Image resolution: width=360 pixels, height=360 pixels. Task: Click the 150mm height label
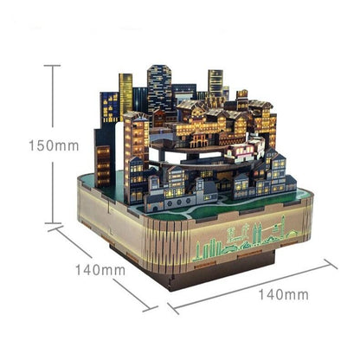point(54,145)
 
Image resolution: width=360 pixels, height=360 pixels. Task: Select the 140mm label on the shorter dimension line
point(100,270)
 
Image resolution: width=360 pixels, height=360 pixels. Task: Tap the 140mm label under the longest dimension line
point(283,295)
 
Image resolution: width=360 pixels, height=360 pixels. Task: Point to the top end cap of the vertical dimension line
point(52,66)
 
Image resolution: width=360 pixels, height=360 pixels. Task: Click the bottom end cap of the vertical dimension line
point(53,223)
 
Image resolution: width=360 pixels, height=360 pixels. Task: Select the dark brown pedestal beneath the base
point(192,270)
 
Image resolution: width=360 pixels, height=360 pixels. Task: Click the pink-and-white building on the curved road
point(245,149)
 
